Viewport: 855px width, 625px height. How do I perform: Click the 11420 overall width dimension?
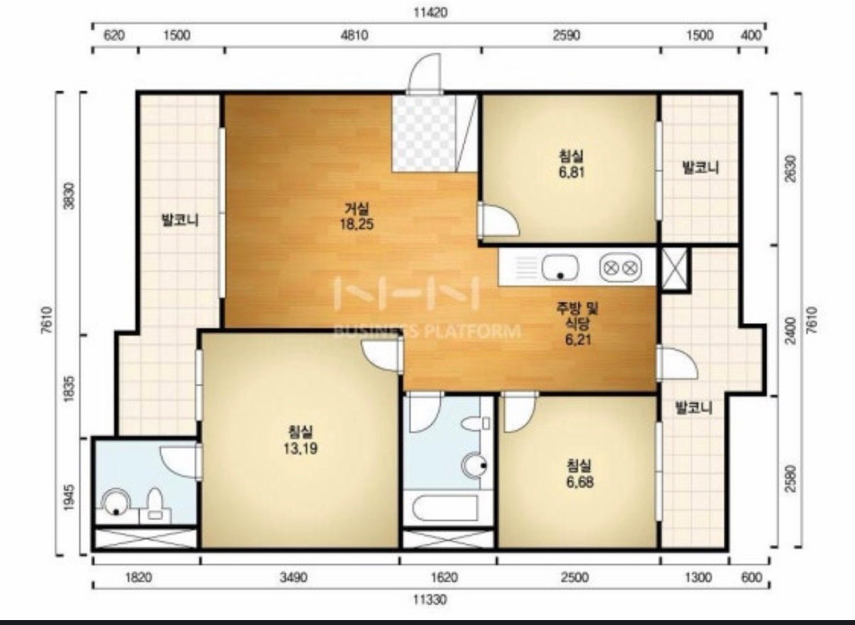coord(430,13)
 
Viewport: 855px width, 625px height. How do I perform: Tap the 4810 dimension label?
coord(354,35)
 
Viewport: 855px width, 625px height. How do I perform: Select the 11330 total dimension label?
coord(430,599)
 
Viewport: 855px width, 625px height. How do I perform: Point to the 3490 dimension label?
coord(293,578)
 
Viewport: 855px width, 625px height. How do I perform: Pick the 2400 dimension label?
coord(791,330)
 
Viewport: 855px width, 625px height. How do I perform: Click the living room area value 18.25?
coord(357,224)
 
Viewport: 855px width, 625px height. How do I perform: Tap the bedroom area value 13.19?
coord(301,449)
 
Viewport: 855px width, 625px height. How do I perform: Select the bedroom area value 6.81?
coord(572,172)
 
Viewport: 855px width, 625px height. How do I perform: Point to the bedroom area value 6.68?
coord(580,483)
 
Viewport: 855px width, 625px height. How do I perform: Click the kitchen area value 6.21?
coord(578,339)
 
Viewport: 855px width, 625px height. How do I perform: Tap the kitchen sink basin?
coord(560,267)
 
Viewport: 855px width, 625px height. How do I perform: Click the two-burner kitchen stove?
coord(620,267)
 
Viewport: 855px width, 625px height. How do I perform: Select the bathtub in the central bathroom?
coord(445,508)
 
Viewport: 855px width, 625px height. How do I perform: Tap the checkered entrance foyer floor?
coord(424,133)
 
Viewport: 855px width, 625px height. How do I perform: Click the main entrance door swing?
coord(425,72)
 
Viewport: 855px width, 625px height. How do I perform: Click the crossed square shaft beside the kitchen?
coord(674,269)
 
